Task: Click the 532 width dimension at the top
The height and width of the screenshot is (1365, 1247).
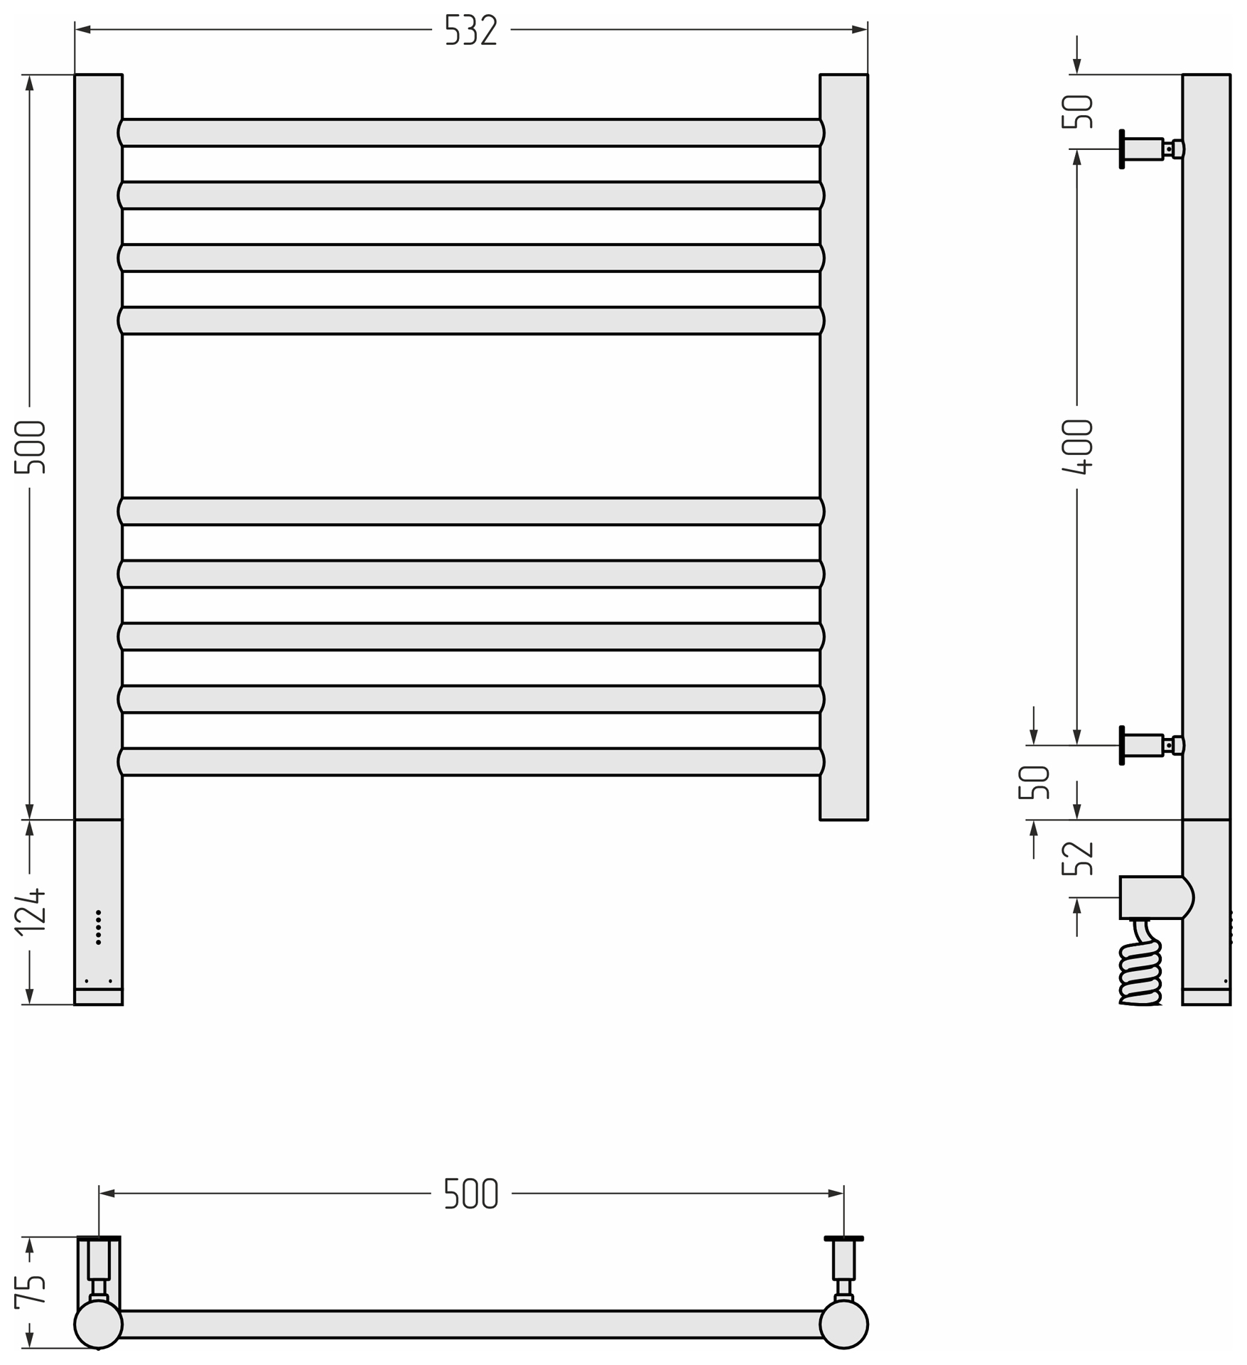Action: tap(470, 30)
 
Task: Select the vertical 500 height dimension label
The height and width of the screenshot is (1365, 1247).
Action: tap(30, 447)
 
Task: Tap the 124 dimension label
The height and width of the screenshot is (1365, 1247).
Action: tap(30, 911)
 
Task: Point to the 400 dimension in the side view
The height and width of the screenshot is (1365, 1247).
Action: tap(1077, 446)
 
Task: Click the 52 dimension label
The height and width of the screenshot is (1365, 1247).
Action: tap(1077, 858)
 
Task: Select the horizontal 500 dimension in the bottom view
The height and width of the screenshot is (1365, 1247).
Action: tap(470, 1193)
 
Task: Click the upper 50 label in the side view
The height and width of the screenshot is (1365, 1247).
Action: tap(1077, 112)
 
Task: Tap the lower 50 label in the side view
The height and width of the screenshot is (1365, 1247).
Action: tap(1034, 782)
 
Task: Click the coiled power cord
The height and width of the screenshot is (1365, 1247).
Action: tap(1140, 963)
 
